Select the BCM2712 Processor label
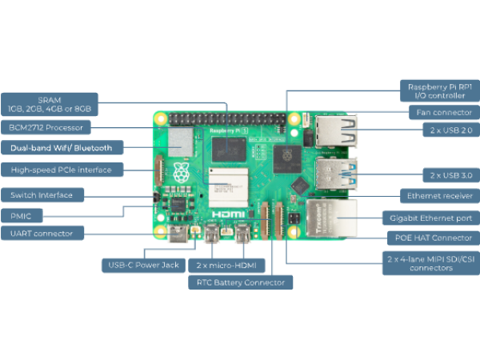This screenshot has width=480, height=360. (x=46, y=126)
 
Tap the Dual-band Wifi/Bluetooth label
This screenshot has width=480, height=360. (x=62, y=147)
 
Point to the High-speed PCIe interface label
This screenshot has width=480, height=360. (x=62, y=170)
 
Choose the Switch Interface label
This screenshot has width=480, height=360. (x=42, y=194)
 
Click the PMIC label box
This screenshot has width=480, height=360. (x=22, y=214)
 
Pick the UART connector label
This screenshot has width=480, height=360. (x=42, y=234)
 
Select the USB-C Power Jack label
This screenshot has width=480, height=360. (x=143, y=265)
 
